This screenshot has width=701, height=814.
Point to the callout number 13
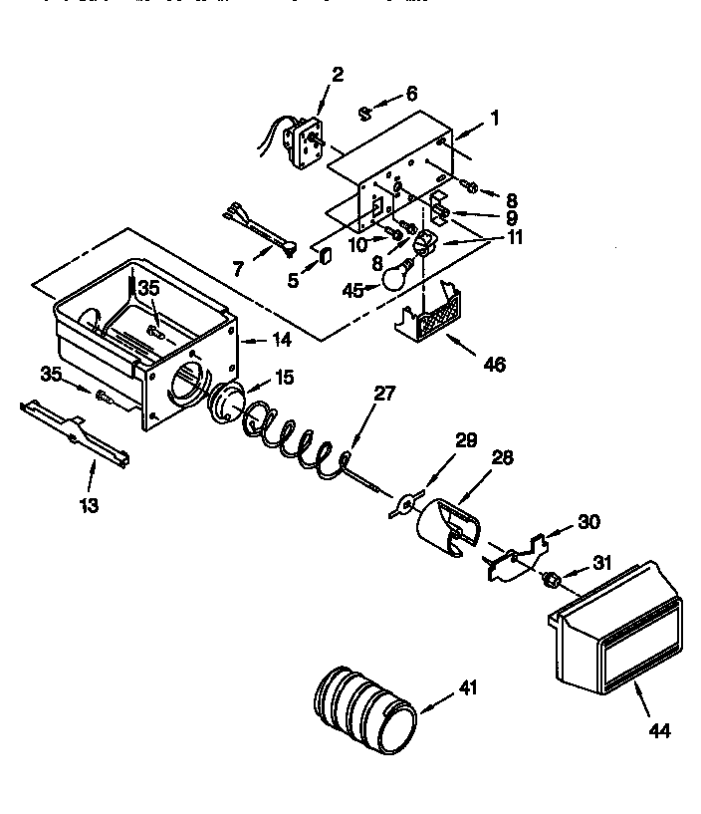(89, 505)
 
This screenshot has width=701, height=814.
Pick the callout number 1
(493, 118)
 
